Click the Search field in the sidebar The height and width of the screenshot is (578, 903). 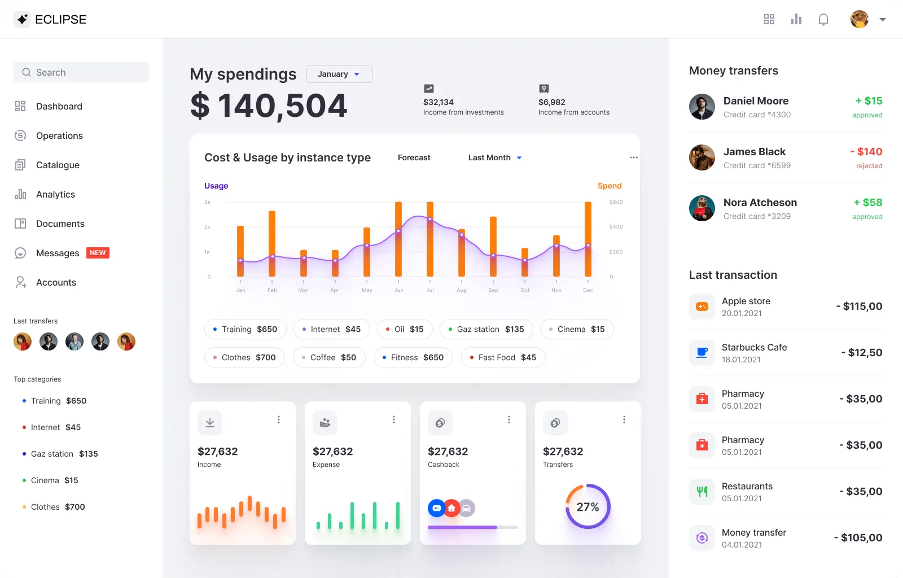pos(81,72)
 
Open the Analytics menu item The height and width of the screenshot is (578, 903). pos(55,194)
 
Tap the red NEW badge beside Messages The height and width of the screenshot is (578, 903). pos(98,253)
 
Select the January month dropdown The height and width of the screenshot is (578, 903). pos(339,74)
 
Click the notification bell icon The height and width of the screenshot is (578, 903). pos(823,20)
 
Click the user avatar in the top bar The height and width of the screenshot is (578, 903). pos(859,19)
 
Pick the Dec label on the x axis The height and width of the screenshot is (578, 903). pos(588,290)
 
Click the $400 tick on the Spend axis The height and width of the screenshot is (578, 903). pos(616,227)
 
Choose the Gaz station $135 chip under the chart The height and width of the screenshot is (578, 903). pos(486,329)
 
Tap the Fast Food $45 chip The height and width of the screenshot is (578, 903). pos(503,357)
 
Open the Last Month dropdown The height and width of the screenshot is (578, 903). pos(495,157)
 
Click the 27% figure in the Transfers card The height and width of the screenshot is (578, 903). pos(588,507)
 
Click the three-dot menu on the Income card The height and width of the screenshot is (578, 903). pos(279,419)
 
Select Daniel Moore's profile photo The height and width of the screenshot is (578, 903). pos(702,107)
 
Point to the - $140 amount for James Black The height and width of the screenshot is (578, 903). pos(866,152)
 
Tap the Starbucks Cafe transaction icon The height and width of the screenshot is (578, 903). pos(702,353)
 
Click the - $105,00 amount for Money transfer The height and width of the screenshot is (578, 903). pos(858,538)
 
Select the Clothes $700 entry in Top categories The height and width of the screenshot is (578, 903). pos(58,507)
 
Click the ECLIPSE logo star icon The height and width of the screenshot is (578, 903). pos(22,20)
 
